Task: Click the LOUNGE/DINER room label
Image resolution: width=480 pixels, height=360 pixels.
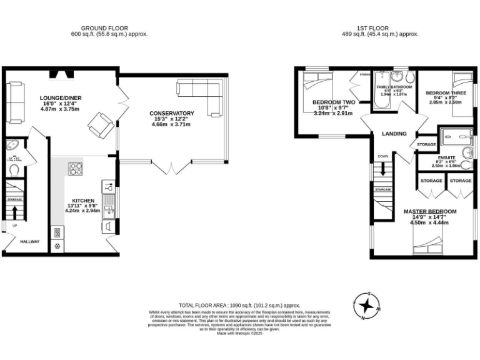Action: tap(61, 98)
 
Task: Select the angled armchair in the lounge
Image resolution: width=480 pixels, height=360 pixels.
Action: tap(100, 124)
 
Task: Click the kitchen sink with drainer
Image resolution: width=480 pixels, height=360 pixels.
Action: tap(107, 203)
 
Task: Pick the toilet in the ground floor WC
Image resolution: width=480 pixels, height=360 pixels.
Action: tap(14, 169)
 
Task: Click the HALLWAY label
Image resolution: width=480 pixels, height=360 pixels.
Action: tap(29, 242)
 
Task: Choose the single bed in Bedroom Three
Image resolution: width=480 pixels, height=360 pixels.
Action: tap(463, 94)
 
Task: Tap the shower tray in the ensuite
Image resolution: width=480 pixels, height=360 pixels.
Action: tap(456, 135)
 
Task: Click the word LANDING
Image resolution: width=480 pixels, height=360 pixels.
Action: tap(394, 134)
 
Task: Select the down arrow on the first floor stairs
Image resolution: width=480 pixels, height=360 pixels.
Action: tap(382, 169)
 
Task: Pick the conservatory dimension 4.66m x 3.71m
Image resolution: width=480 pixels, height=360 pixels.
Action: tap(172, 125)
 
